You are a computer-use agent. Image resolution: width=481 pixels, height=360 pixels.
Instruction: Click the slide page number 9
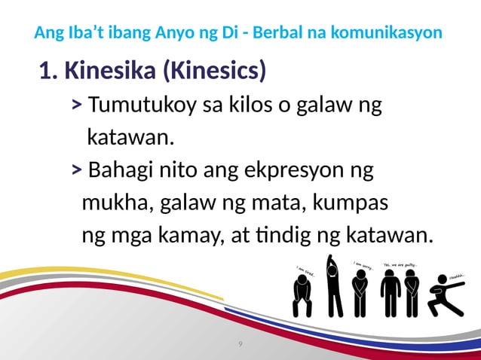(240, 344)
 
